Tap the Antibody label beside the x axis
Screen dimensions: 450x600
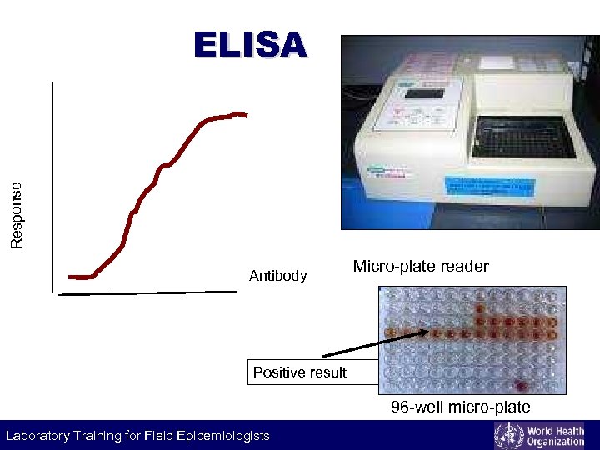278,276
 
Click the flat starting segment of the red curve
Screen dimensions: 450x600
80,277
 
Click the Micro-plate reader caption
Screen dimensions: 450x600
421,267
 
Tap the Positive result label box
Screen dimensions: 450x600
299,372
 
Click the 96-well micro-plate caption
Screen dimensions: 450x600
461,407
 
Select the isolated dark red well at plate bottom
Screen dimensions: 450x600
522,386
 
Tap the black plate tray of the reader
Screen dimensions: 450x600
522,137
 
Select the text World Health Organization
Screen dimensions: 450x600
553,435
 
